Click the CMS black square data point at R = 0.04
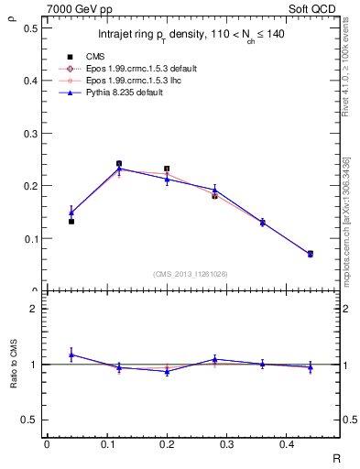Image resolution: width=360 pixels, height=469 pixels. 71,222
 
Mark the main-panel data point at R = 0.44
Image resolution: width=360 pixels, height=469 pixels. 310,254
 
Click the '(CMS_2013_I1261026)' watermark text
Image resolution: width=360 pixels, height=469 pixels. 191,274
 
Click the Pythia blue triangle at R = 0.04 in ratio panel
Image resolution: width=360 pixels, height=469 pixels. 71,354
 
